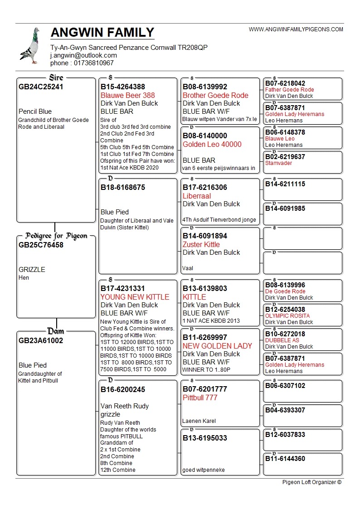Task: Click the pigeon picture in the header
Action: coord(30,46)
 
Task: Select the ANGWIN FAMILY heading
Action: coord(102,33)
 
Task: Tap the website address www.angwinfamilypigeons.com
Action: coord(296,29)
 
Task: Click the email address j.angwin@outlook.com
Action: coord(83,55)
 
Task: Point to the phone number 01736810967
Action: coord(94,63)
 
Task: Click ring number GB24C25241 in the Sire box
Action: coord(41,87)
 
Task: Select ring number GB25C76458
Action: coord(41,245)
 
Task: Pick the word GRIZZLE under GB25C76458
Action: coord(32,269)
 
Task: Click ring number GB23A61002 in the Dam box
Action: coord(41,340)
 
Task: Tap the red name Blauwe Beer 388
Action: coord(128,95)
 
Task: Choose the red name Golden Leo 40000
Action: coord(212,144)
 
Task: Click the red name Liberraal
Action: coord(197,196)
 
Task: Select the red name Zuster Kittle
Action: coord(201,244)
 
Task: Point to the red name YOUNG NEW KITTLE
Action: coord(135,297)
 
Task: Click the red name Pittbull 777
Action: coord(200,398)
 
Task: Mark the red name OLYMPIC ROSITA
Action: coord(287,316)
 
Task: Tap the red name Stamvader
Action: coord(278,163)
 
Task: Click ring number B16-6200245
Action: coord(123,389)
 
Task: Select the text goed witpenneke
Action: coord(204,470)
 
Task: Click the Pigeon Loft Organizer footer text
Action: coord(311,482)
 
